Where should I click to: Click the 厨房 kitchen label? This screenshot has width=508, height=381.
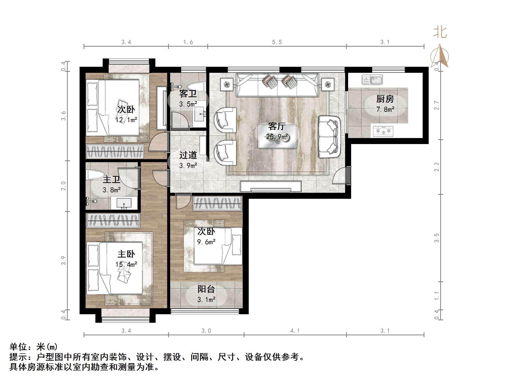[385, 99]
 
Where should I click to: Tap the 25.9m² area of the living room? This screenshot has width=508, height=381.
[277, 137]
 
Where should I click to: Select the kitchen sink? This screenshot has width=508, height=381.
[372, 80]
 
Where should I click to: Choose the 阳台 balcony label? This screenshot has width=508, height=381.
[206, 289]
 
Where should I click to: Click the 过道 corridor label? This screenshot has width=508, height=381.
[188, 155]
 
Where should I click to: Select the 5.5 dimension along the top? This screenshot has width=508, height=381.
[277, 42]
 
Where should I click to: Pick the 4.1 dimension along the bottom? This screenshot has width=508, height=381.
[295, 331]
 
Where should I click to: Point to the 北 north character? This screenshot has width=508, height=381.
[440, 32]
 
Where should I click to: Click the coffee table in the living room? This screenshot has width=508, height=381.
[277, 137]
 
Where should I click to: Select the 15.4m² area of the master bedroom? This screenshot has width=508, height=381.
[126, 265]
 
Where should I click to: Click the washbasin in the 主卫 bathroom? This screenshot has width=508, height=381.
[124, 203]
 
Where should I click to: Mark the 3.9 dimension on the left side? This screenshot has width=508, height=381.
[63, 261]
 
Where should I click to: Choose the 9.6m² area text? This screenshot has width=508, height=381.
[206, 242]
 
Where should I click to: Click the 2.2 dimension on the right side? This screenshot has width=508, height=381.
[437, 167]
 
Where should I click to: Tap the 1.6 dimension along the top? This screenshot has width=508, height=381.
[188, 42]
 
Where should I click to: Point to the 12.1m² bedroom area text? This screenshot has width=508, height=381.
[126, 120]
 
